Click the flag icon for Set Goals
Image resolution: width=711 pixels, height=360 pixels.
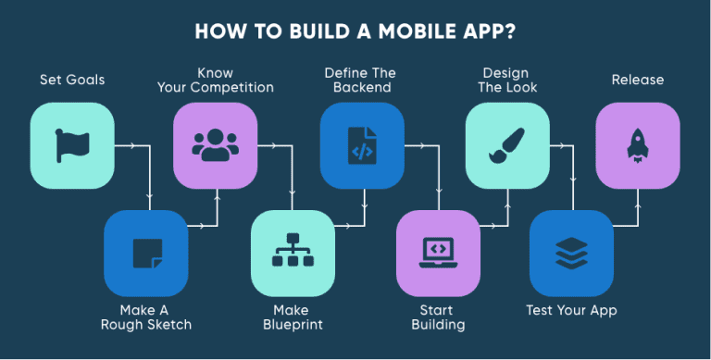coord(72,145)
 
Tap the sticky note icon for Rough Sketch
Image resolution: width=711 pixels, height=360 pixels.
coord(147,253)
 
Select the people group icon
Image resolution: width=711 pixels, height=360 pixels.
coord(216,145)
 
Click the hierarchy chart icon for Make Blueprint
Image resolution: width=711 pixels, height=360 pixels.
coord(293,253)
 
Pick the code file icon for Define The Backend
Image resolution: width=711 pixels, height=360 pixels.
coord(362,145)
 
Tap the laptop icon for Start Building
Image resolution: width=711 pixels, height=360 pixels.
coord(437,253)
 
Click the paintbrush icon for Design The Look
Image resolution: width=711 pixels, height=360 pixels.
coord(506,145)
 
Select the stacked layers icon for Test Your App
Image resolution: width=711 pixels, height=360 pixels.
coord(571,253)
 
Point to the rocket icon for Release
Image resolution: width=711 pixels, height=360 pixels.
coord(637,145)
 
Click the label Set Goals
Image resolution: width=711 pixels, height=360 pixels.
coord(72,80)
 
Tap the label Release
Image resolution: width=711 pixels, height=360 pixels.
coord(637,80)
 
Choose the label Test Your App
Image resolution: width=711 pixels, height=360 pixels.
coord(571,309)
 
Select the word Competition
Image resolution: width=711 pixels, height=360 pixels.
coord(235,89)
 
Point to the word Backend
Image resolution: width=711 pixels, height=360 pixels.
coord(362,89)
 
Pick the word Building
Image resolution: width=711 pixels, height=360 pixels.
coord(438,325)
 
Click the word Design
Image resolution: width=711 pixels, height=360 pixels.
coord(505,72)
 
